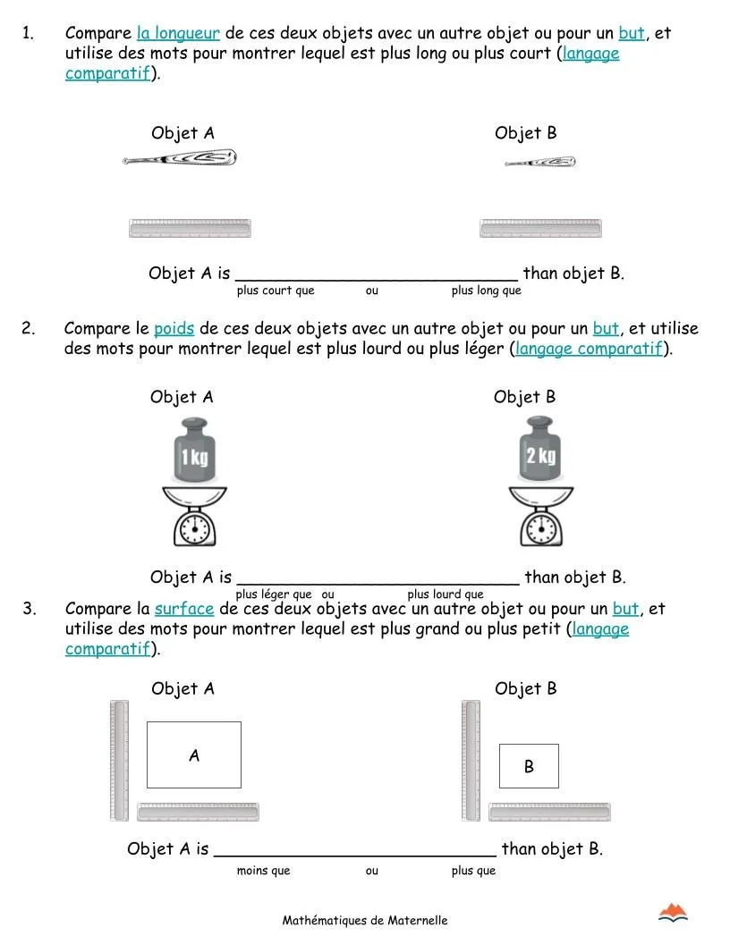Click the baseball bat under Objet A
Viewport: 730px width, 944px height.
(179, 159)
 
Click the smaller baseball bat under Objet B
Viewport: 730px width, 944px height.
(539, 163)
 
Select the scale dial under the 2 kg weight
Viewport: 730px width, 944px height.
(540, 529)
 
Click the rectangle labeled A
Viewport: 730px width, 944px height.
(193, 755)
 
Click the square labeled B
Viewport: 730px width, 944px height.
(528, 766)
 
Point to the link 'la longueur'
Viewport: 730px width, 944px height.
(178, 34)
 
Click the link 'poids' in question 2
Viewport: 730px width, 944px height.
(174, 328)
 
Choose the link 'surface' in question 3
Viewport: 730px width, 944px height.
(183, 609)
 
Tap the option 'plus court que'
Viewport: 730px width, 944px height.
(276, 291)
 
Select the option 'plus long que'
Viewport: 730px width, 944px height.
(486, 291)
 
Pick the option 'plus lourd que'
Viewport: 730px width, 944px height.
(445, 594)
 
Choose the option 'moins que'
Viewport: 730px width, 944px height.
(263, 871)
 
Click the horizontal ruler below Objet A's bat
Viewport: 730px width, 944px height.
(190, 229)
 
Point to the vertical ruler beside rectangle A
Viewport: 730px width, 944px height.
(119, 760)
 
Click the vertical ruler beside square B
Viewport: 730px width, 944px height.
(471, 760)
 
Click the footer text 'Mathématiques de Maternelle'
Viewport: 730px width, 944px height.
(365, 920)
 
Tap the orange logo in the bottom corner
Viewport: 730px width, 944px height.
(673, 913)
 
